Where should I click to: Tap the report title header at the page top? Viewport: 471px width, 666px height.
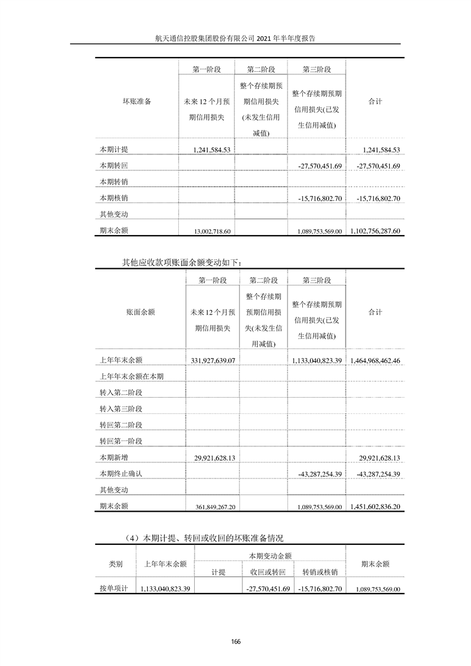coord(235,37)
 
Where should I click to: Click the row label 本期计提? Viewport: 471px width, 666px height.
coord(114,150)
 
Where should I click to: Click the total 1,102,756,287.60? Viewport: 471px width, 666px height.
coord(376,231)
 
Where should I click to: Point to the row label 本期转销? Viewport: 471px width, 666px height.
coord(114,182)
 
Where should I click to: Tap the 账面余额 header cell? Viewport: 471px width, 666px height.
coord(140,312)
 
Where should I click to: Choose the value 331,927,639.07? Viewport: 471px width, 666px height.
coord(214,360)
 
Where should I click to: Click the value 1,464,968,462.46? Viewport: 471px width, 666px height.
coord(375,360)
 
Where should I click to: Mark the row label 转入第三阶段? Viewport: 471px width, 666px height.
coord(121,409)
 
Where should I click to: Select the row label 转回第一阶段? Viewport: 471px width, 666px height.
coord(121,442)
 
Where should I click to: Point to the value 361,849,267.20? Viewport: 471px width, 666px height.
coord(216,507)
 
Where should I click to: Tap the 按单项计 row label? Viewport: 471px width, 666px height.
coord(114,589)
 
